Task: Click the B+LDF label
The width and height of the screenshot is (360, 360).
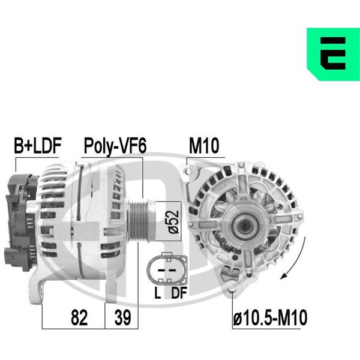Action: coord(38,146)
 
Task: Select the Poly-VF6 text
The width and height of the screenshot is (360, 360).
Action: coord(115,146)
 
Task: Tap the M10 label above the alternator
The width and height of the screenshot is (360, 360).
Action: coord(204,146)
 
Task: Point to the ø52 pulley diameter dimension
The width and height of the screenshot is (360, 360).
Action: coord(173,221)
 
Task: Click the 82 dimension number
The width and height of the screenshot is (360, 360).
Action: coord(79,317)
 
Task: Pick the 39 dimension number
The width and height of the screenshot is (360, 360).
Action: coord(123,317)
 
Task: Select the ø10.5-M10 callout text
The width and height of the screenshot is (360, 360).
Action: coord(270,317)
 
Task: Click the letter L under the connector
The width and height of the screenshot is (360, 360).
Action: coord(157,293)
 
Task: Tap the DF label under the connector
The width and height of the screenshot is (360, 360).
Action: coord(179,293)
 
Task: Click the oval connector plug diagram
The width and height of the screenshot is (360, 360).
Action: coord(167,268)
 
